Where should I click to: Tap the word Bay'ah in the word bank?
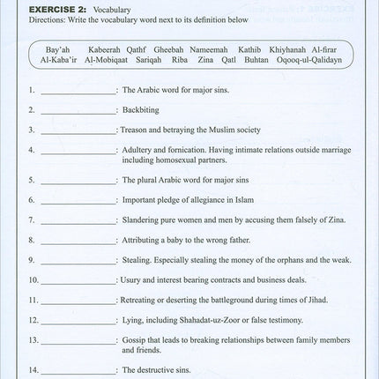(x=58, y=50)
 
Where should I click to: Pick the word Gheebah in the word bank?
(x=168, y=50)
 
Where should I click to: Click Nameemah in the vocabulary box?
(x=207, y=50)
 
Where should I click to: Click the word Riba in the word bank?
(x=181, y=63)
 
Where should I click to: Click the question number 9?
(x=31, y=261)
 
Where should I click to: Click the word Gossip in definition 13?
(x=135, y=338)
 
